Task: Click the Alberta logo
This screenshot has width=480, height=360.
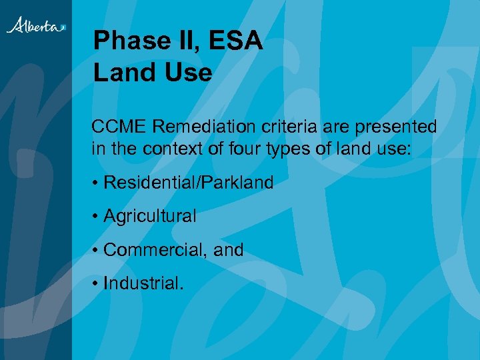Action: pyautogui.click(x=36, y=26)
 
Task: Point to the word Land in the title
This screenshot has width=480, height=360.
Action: pyautogui.click(x=123, y=72)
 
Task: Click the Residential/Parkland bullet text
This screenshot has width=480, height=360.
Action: pyautogui.click(x=189, y=183)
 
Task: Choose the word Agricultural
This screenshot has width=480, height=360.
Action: pyautogui.click(x=150, y=216)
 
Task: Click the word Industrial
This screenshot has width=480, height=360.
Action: pyautogui.click(x=143, y=283)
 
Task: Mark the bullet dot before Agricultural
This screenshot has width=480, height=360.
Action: pyautogui.click(x=96, y=217)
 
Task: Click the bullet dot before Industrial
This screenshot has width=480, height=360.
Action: pyautogui.click(x=96, y=284)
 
